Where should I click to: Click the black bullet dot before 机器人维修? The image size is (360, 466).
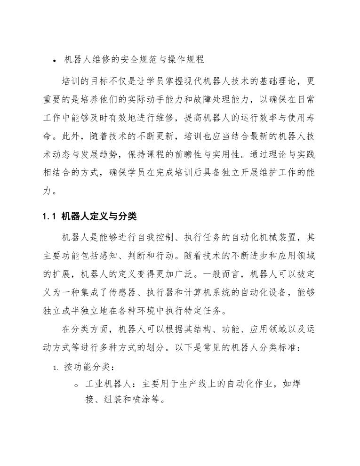(x=55, y=61)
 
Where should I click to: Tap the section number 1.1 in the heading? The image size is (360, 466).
(x=49, y=217)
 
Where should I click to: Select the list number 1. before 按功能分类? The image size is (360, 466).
(x=55, y=368)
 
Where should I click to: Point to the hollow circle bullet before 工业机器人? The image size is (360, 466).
(x=76, y=385)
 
